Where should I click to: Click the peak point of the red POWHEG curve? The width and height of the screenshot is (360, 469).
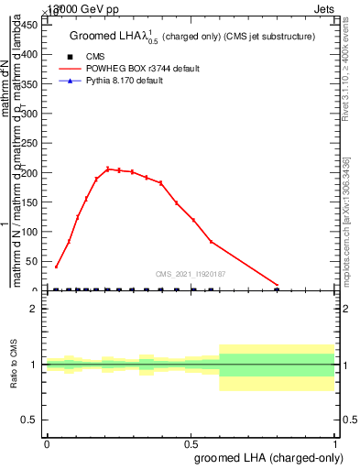[108, 169]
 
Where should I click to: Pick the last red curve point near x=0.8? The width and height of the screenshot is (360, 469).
[277, 286]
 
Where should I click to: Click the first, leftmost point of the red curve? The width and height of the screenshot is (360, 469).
[57, 267]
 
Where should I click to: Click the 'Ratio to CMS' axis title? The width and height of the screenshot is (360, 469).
[14, 365]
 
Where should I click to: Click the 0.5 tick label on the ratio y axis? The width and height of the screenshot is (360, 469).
[31, 420]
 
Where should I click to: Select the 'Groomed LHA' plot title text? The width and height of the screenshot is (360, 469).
[192, 36]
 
